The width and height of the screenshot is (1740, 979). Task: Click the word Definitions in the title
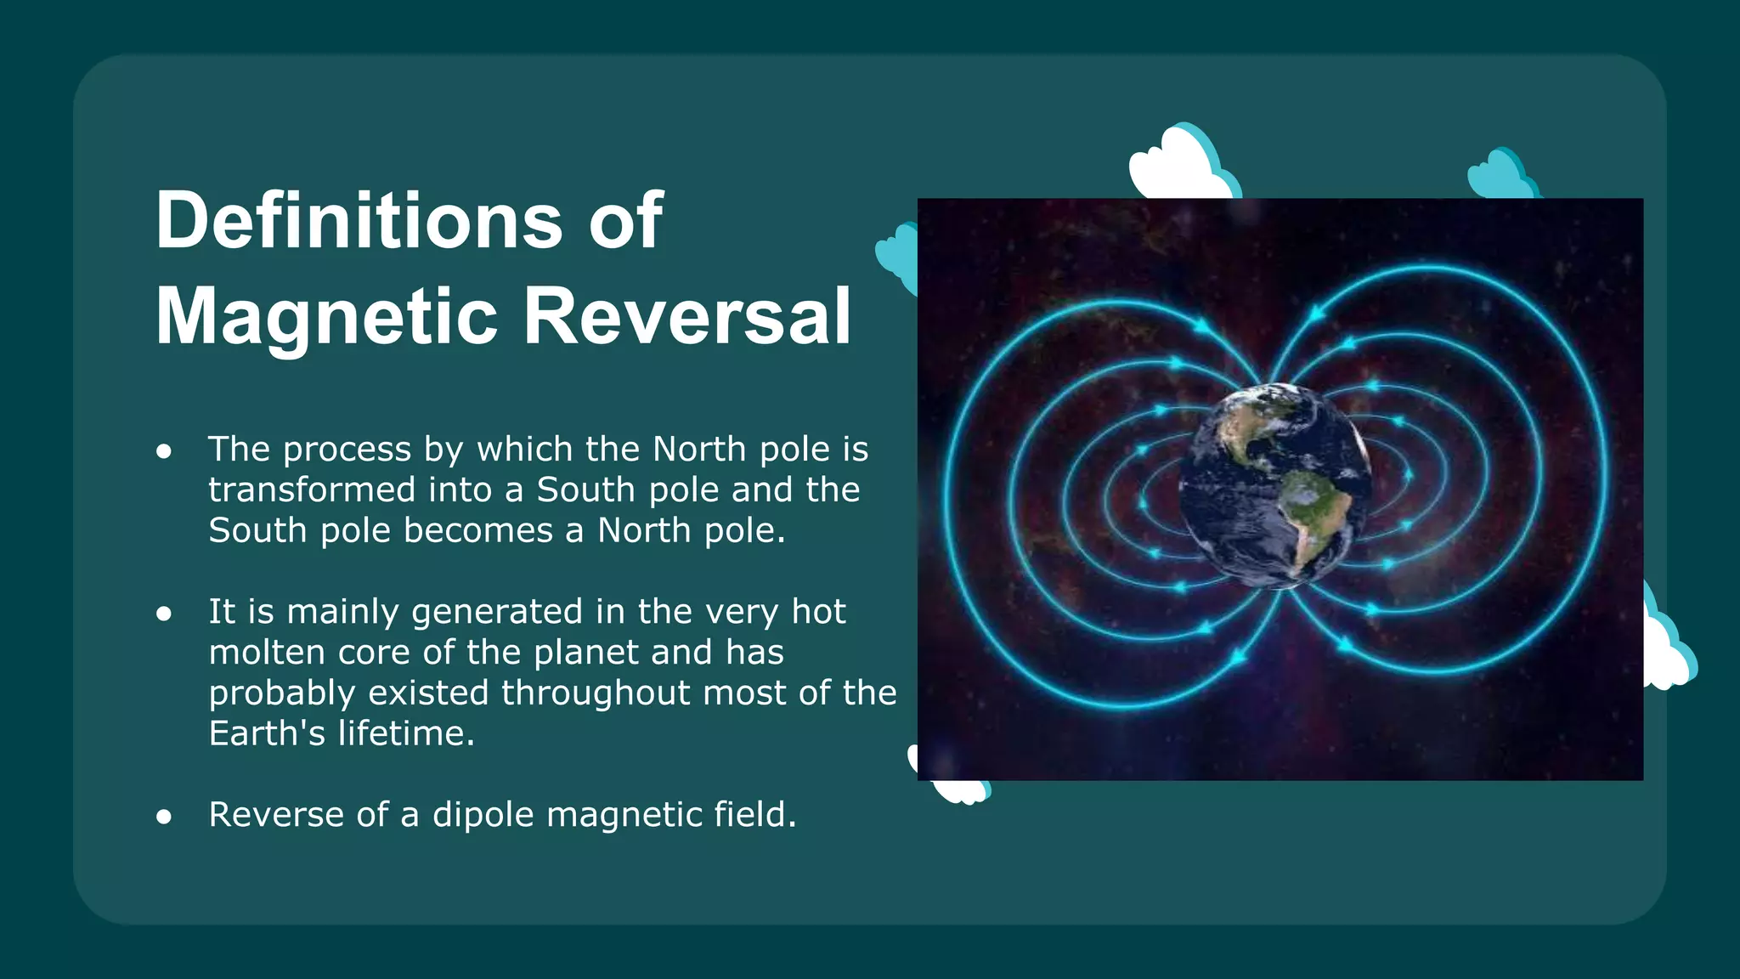click(x=358, y=221)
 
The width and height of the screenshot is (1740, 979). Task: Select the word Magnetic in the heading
click(x=326, y=316)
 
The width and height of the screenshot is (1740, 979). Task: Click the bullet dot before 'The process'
click(x=164, y=451)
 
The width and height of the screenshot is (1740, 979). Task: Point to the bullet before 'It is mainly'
click(x=164, y=614)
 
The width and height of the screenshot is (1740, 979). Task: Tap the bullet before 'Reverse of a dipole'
click(x=164, y=817)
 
